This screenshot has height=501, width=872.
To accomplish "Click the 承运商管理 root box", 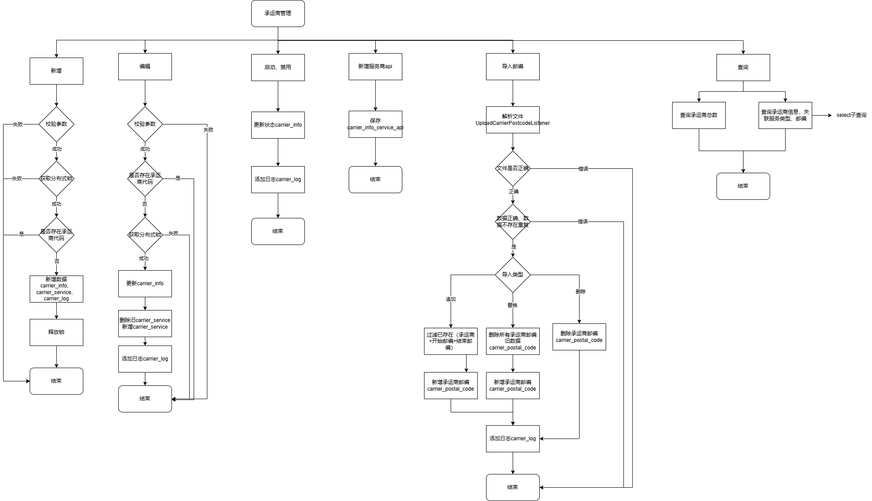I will (278, 14).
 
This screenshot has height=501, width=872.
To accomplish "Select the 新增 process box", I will (56, 71).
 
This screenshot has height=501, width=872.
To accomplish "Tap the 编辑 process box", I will (145, 67).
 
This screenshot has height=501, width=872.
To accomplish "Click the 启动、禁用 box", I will (278, 67).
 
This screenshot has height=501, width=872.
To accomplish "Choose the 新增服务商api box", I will (375, 67).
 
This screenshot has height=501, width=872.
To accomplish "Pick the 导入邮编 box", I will (513, 67).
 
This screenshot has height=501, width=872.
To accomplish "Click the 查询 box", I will (743, 67).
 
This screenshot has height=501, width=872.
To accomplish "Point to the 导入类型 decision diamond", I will (513, 275).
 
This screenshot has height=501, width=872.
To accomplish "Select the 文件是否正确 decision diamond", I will (513, 168).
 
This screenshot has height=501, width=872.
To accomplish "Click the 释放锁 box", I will (56, 332).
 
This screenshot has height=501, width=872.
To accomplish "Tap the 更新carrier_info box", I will (145, 284).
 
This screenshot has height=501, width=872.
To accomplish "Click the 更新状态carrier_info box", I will (278, 125).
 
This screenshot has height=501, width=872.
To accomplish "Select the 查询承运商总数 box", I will (699, 115).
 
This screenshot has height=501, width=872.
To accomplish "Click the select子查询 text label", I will (851, 115).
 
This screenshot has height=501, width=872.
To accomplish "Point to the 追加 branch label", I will (451, 299).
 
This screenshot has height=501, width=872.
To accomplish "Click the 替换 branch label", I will (513, 305).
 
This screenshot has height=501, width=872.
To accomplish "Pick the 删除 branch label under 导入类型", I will (580, 291).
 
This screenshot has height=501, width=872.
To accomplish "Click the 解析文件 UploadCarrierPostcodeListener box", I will (513, 120).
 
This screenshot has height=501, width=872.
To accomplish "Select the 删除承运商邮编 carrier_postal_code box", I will (579, 337).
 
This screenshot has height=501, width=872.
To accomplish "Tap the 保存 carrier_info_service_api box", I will (375, 124).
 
